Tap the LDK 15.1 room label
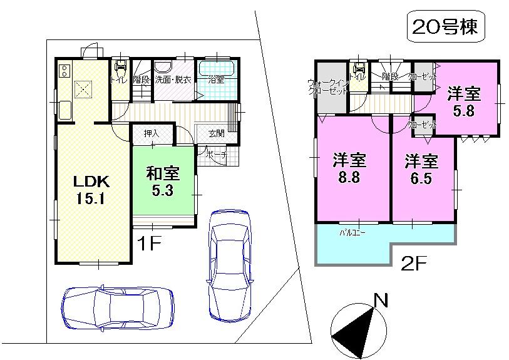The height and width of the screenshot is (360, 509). [x=92, y=190]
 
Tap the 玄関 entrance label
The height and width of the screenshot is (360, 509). [x=216, y=133]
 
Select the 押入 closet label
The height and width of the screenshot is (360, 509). [x=151, y=133]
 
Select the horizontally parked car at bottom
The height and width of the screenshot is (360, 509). [x=117, y=307]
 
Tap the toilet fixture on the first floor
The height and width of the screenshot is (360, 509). [x=120, y=67]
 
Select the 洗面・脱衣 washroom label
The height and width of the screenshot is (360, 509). [x=172, y=80]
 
